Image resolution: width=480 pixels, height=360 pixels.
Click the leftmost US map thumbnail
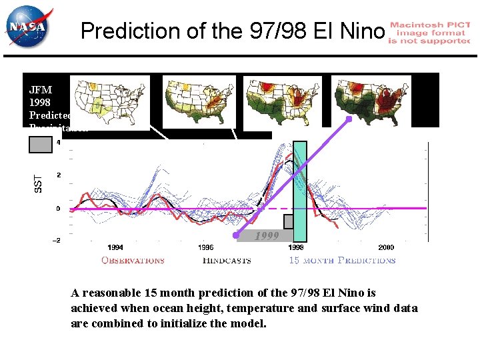109,102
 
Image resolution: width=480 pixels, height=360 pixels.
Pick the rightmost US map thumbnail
371,102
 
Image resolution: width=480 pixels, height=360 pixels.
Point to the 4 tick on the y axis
58,143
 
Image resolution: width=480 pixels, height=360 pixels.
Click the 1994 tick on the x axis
115,248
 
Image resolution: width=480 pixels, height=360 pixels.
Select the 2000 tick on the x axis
386,248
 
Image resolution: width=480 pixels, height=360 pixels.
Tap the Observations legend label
133,261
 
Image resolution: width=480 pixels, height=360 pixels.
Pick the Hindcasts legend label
227,261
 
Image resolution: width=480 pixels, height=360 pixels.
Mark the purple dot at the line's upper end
347,120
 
